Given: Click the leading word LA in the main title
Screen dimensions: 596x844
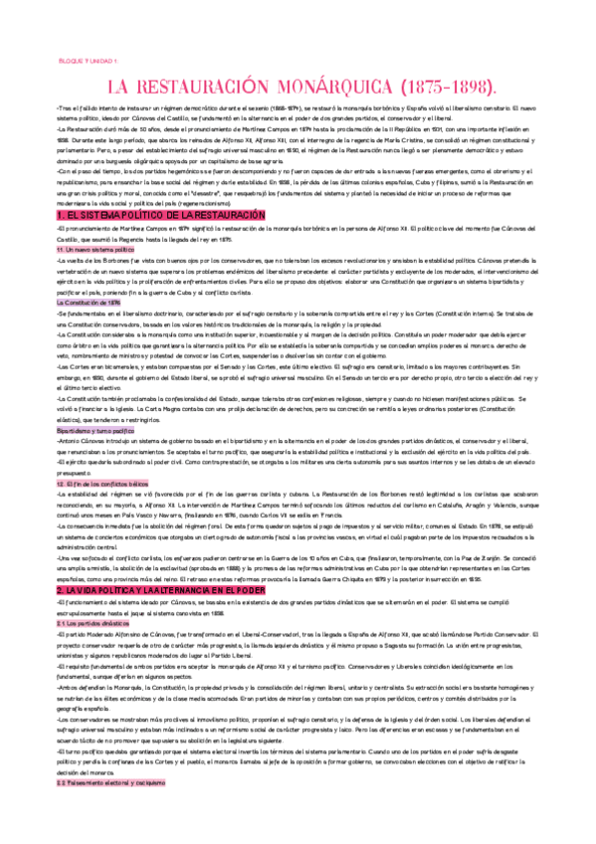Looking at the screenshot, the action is [120, 84].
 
